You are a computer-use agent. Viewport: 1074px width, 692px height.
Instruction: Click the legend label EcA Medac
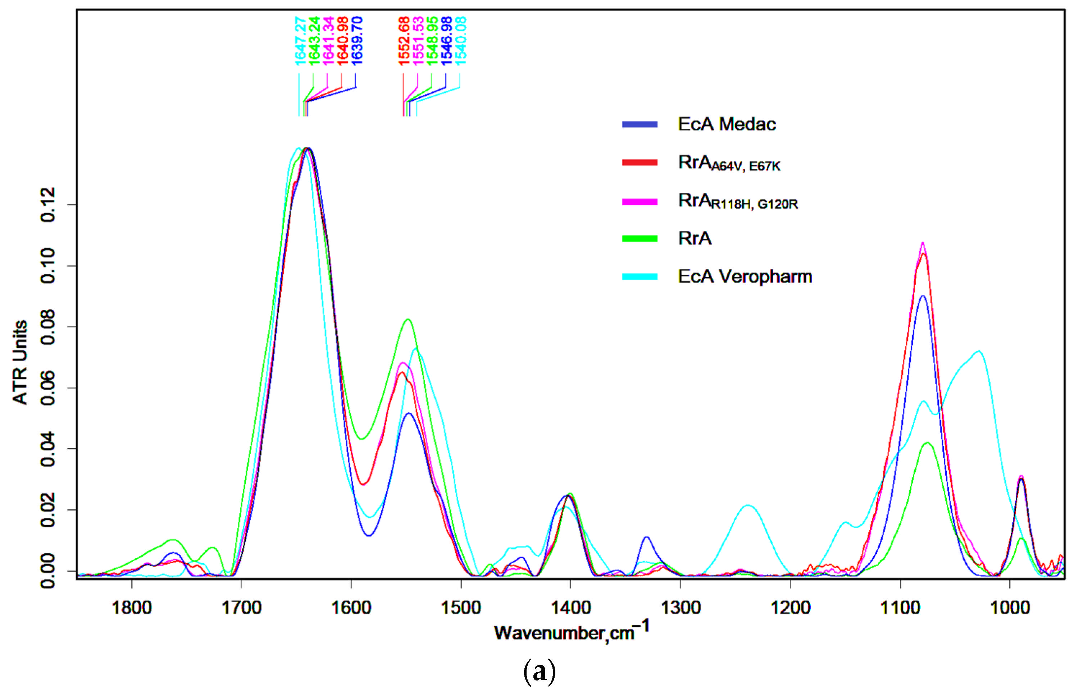pyautogui.click(x=727, y=124)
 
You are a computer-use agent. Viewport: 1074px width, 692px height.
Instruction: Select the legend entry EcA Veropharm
pyautogui.click(x=745, y=276)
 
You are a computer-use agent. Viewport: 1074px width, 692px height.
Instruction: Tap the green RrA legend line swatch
pyautogui.click(x=640, y=239)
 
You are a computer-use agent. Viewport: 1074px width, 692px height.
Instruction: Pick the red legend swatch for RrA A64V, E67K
pyautogui.click(x=640, y=162)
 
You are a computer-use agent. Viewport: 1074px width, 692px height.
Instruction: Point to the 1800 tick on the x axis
pyautogui.click(x=132, y=608)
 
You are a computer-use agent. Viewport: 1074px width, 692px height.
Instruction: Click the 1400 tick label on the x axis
pyautogui.click(x=570, y=608)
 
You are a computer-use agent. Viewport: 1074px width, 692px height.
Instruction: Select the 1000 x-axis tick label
pyautogui.click(x=1010, y=608)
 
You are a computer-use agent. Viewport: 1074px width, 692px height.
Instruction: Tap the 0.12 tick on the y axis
pyautogui.click(x=47, y=205)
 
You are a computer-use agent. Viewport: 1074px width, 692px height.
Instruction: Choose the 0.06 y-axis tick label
pyautogui.click(x=47, y=388)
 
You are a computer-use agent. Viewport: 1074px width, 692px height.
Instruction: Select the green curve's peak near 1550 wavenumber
pyautogui.click(x=408, y=320)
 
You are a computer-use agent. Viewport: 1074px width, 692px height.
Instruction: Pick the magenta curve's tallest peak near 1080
pyautogui.click(x=923, y=243)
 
